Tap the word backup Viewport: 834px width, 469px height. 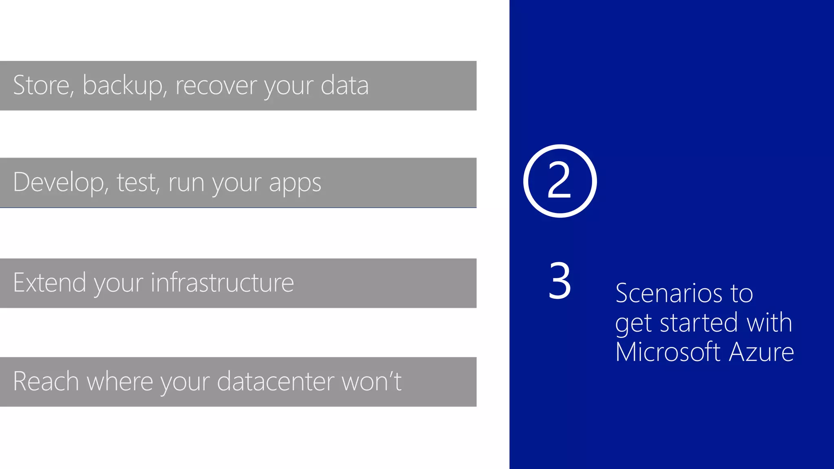click(x=123, y=86)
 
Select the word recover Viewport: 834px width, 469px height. click(x=216, y=86)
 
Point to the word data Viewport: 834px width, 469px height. click(x=345, y=85)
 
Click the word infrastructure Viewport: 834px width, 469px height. click(x=222, y=283)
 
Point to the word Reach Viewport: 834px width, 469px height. click(x=46, y=381)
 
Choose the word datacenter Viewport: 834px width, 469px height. click(x=276, y=381)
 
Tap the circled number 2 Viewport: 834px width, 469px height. click(x=560, y=181)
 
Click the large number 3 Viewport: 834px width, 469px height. click(x=560, y=281)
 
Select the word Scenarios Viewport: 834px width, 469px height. click(x=667, y=293)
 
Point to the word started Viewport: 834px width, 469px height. click(x=699, y=323)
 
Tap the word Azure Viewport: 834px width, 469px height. click(x=762, y=352)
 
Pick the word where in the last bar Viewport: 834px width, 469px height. click(x=120, y=381)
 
